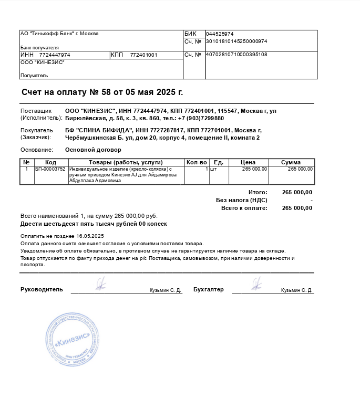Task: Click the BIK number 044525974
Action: pyautogui.click(x=220, y=34)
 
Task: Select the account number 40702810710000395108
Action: pyautogui.click(x=236, y=55)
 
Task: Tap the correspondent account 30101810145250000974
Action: pyautogui.click(x=236, y=41)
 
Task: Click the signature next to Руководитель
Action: pyautogui.click(x=100, y=285)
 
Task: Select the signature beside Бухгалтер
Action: pyautogui.click(x=256, y=285)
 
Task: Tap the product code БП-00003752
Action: pyautogui.click(x=50, y=169)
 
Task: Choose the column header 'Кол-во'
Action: pyautogui.click(x=197, y=162)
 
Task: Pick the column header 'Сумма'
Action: pyautogui.click(x=291, y=162)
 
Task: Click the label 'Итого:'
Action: pyautogui.click(x=258, y=192)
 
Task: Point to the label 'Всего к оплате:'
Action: pyautogui.click(x=244, y=208)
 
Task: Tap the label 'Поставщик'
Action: pyautogui.click(x=36, y=111)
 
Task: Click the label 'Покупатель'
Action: pyautogui.click(x=37, y=130)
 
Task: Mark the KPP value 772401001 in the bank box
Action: pyautogui.click(x=143, y=55)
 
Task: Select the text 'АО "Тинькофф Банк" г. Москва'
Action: pyautogui.click(x=59, y=34)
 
